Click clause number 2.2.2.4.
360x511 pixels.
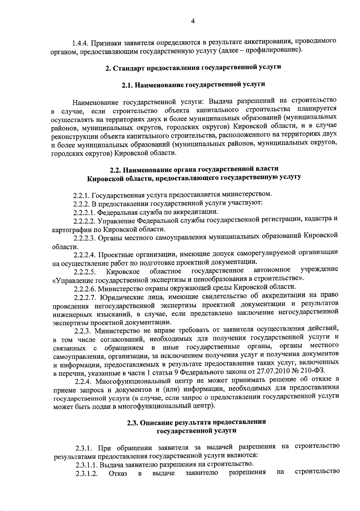click(x=85, y=255)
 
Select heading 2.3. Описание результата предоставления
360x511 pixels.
click(x=196, y=422)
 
